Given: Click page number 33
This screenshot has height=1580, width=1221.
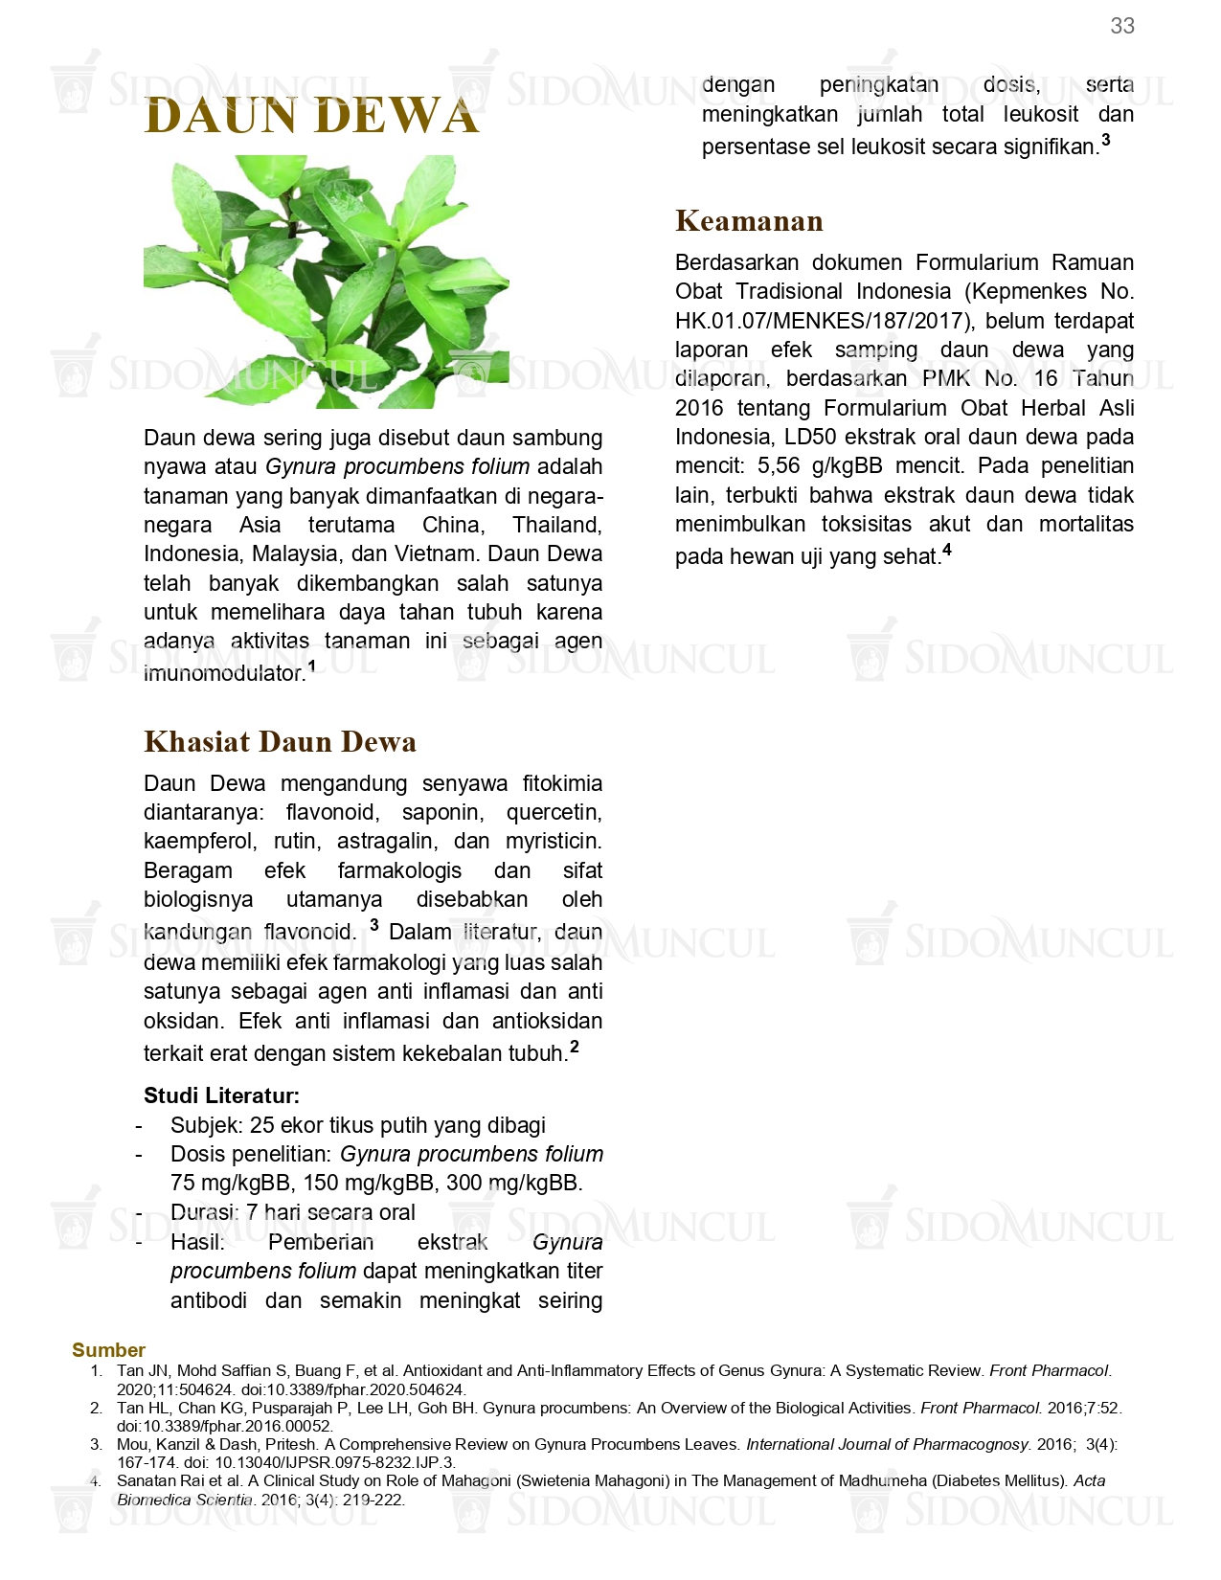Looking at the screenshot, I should point(1122,26).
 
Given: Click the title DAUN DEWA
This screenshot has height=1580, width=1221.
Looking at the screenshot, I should point(311,116).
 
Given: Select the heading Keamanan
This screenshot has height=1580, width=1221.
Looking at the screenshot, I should point(749,221).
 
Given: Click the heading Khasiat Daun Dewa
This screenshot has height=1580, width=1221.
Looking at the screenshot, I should point(280,742).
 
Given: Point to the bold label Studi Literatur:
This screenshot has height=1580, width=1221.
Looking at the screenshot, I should point(221,1095).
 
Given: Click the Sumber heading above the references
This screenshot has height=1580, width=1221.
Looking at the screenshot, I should point(108,1350).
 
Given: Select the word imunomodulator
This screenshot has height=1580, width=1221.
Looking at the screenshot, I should point(223,674).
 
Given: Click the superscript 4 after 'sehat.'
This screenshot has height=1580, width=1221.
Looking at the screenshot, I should point(947,550).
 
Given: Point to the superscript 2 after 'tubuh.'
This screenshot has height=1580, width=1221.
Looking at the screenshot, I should point(575,1047).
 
